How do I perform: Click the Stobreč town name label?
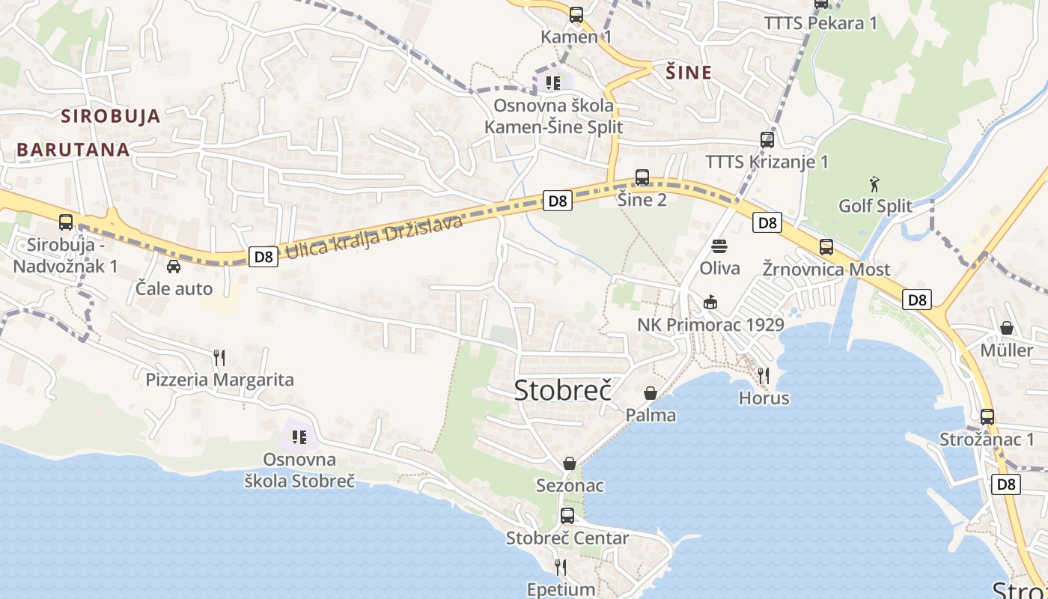pyautogui.click(x=562, y=390)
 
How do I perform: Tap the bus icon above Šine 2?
pyautogui.click(x=642, y=177)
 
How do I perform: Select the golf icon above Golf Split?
pyautogui.click(x=874, y=183)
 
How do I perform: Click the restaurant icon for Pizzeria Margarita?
pyautogui.click(x=219, y=357)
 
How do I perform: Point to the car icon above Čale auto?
pyautogui.click(x=174, y=266)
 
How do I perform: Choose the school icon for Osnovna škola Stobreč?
pyautogui.click(x=299, y=437)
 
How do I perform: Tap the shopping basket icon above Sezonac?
pyautogui.click(x=570, y=463)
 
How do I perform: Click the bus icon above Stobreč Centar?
pyautogui.click(x=567, y=515)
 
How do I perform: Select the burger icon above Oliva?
pyautogui.click(x=719, y=246)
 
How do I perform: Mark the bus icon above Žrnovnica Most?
pyautogui.click(x=826, y=247)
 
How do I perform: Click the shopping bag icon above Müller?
pyautogui.click(x=1007, y=328)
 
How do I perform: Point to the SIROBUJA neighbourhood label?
pyautogui.click(x=112, y=116)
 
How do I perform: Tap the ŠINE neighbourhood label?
pyautogui.click(x=689, y=73)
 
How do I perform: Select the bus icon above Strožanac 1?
pyautogui.click(x=987, y=417)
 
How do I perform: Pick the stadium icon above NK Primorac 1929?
pyautogui.click(x=710, y=302)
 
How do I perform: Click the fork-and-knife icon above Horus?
pyautogui.click(x=764, y=375)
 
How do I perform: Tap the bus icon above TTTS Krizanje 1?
pyautogui.click(x=767, y=139)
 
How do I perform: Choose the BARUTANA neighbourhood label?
pyautogui.click(x=73, y=150)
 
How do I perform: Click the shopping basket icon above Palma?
pyautogui.click(x=651, y=392)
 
